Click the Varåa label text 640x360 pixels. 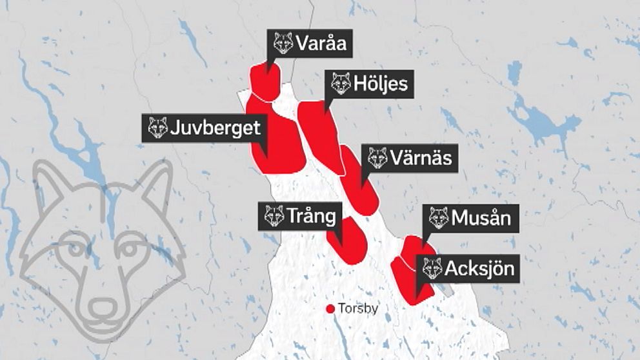[x=322, y=43]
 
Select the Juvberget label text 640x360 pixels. [x=215, y=128]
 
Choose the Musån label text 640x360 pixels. [x=481, y=218]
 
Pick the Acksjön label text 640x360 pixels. [x=479, y=268]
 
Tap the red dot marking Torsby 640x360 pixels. [x=330, y=309]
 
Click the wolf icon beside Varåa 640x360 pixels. [x=283, y=43]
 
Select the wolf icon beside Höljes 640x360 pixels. [x=341, y=84]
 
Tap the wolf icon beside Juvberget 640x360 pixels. [x=157, y=128]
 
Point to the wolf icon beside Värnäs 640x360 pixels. [x=377, y=157]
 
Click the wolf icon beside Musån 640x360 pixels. [x=439, y=218]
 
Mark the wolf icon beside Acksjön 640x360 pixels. [x=432, y=268]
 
